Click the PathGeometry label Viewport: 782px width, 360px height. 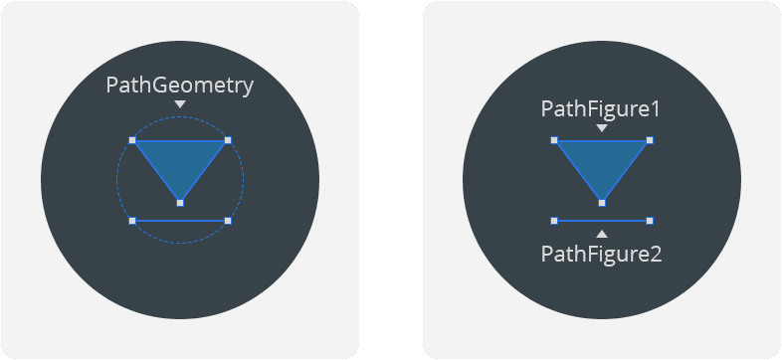click(180, 86)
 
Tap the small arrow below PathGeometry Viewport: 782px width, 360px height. click(180, 104)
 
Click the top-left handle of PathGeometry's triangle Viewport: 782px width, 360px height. click(132, 140)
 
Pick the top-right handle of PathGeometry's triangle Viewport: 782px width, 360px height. click(228, 140)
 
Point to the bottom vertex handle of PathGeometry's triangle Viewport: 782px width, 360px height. click(180, 203)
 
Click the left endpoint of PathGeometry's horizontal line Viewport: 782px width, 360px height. click(132, 220)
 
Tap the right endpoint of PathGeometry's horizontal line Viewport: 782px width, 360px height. click(228, 220)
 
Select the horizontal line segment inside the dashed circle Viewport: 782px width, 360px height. click(180, 220)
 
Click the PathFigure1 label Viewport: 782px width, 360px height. click(601, 108)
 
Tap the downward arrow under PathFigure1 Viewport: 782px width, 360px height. click(601, 128)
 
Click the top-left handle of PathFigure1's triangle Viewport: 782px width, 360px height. click(554, 140)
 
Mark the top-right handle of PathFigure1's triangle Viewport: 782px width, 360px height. click(650, 140)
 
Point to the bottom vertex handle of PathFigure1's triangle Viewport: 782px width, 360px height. click(602, 202)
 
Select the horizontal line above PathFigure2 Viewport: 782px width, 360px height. click(602, 220)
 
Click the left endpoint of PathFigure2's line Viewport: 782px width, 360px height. click(554, 220)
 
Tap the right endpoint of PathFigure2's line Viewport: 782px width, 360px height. click(650, 220)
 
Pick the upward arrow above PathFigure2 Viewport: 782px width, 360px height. click(601, 234)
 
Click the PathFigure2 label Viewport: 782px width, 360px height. click(601, 254)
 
